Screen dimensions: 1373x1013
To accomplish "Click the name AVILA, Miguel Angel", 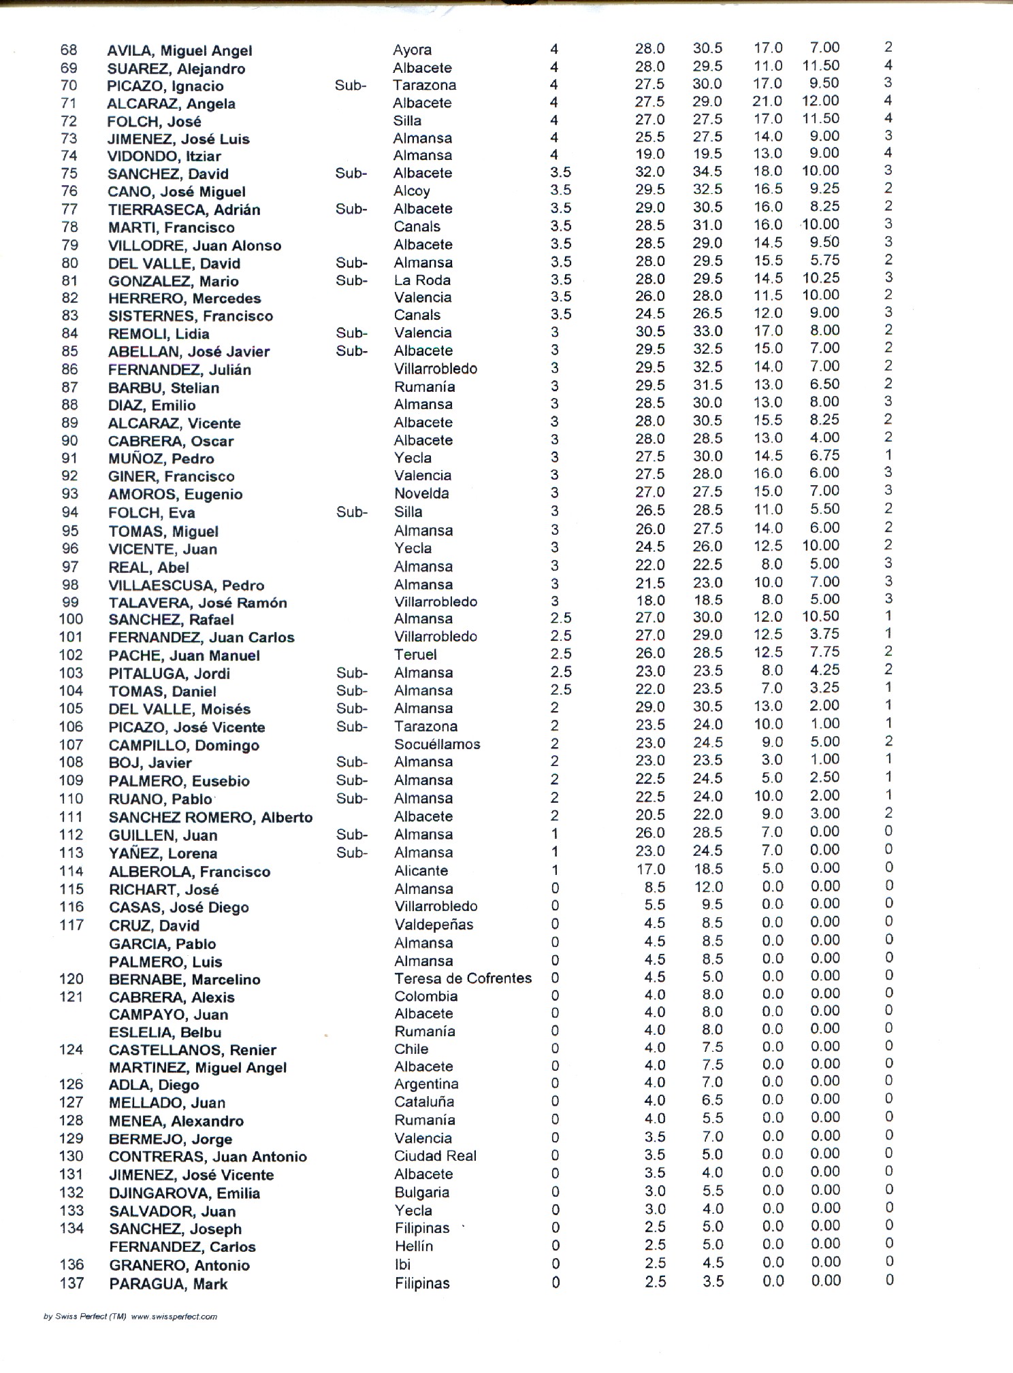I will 180,51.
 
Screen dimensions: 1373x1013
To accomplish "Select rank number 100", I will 71,619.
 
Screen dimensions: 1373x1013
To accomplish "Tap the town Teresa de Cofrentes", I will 463,978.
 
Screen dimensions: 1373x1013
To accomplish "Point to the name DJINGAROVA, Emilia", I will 184,1193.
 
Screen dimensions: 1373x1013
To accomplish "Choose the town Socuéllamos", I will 437,744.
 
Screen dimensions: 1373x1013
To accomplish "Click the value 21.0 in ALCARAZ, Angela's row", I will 768,101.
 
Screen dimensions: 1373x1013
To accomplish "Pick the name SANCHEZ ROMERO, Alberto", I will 210,817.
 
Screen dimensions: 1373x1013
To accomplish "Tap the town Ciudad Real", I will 435,1156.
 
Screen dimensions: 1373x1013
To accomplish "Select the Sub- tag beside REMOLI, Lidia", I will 351,333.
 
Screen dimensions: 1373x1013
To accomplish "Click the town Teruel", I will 415,655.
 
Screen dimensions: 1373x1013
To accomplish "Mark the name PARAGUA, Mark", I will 168,1284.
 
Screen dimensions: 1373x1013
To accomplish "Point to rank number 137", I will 71,1283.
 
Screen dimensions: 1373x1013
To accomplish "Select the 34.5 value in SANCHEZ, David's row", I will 707,171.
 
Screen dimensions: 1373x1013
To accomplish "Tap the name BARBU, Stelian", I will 163,388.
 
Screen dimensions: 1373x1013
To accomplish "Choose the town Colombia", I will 425,996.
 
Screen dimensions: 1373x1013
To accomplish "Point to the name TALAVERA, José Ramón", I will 197,603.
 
